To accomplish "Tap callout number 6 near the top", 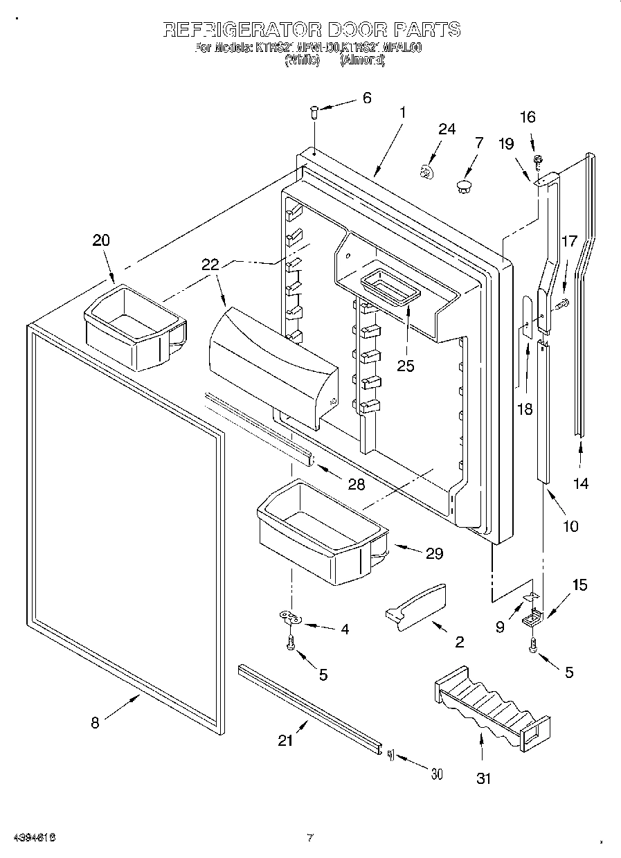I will [x=366, y=98].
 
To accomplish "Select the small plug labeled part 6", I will [x=314, y=111].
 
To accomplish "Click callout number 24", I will [x=447, y=129].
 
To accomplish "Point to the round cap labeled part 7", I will [x=463, y=185].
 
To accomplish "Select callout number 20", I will [x=101, y=240].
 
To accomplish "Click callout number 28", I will [x=356, y=484].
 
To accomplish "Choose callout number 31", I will [x=483, y=778].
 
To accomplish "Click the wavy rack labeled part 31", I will [x=492, y=707].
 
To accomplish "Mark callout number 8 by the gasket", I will [x=95, y=723].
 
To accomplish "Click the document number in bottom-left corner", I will [x=33, y=837].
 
